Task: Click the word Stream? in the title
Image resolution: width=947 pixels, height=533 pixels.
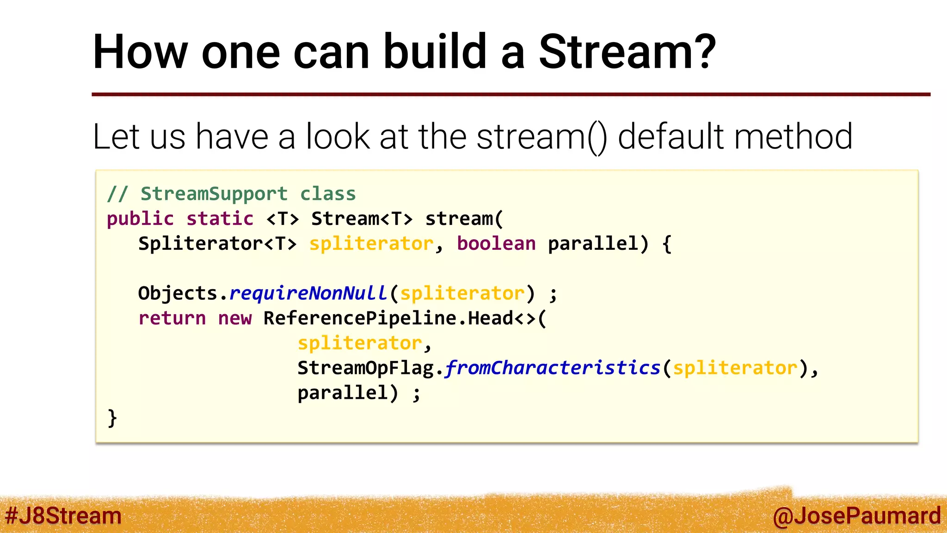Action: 627,52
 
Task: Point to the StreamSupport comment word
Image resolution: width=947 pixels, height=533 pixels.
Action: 214,194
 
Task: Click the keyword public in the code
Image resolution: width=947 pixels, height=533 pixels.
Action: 140,219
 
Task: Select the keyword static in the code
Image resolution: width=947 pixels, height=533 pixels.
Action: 220,219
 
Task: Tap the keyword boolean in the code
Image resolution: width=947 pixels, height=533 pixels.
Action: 496,244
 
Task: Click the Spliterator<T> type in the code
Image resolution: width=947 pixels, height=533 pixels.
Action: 217,244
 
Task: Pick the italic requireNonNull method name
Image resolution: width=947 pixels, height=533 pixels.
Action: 308,293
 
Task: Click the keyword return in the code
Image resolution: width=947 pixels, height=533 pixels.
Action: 172,318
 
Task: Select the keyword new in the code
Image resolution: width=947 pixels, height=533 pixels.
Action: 235,318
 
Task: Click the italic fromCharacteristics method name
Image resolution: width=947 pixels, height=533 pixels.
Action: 553,368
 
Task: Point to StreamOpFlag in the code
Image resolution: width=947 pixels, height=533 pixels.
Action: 365,368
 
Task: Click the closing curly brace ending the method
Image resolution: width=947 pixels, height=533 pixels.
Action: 112,418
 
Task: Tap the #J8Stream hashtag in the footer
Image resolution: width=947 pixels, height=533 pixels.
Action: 63,516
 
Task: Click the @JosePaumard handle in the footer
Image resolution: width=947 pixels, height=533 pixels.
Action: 856,516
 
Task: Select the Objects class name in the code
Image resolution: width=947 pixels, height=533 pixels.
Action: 178,293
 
